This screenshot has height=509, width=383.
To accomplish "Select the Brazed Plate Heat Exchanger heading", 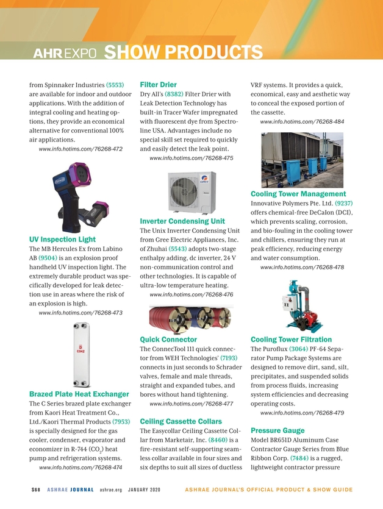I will [78, 394].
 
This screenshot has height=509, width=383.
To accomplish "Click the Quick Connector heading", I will [168, 339].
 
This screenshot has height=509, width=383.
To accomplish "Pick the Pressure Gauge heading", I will [277, 431].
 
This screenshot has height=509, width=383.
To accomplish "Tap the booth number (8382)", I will [176, 94].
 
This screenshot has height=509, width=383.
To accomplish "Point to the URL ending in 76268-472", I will [81, 149].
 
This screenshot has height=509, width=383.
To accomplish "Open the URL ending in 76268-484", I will [302, 122].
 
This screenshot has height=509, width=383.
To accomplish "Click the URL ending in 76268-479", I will [302, 413].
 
